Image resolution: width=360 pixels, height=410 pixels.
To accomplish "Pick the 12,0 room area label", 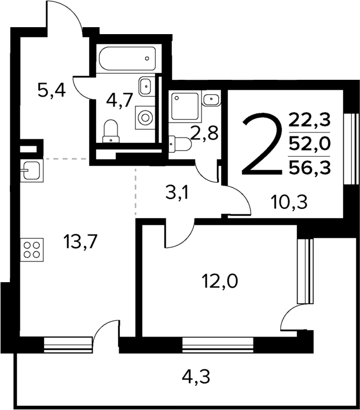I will click(x=220, y=283).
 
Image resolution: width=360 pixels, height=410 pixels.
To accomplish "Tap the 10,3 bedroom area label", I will click(x=288, y=202).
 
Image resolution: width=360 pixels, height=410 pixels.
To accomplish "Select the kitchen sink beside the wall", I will click(x=30, y=170).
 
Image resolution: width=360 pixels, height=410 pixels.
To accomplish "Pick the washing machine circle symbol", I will click(x=145, y=117).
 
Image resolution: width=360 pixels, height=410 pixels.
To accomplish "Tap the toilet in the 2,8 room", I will click(x=178, y=143).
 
